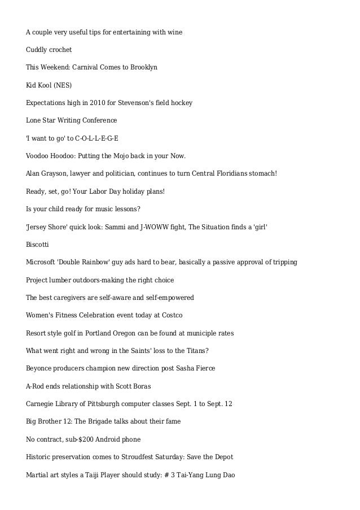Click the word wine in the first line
click(x=174, y=32)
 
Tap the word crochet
click(x=59, y=50)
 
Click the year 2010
click(x=96, y=103)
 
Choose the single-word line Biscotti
click(x=38, y=244)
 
